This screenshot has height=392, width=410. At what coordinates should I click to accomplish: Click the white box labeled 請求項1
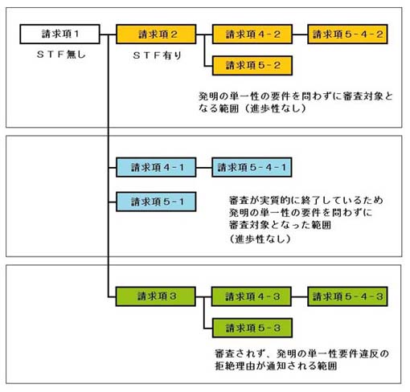[x=59, y=34]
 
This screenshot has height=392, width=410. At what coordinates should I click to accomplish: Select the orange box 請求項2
[x=156, y=34]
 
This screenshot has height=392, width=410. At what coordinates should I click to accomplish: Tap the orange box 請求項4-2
[x=252, y=34]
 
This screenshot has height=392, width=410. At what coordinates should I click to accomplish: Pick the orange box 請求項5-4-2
[x=347, y=34]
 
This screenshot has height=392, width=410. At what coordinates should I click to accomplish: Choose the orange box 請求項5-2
[x=252, y=66]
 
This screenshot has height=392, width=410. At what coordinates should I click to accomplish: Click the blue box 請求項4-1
[x=156, y=167]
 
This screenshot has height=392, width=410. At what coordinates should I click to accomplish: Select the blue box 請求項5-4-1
[x=252, y=167]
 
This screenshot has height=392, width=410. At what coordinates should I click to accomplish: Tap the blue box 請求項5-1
[x=156, y=202]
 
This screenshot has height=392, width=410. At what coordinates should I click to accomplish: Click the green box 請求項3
[x=155, y=296]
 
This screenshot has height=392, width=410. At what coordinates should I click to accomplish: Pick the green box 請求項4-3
[x=252, y=296]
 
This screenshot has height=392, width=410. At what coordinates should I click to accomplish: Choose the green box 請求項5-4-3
[x=347, y=296]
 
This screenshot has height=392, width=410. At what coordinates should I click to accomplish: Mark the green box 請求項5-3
[x=252, y=328]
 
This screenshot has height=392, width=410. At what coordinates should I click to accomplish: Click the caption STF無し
[x=61, y=55]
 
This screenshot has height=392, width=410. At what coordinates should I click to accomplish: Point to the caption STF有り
[x=158, y=55]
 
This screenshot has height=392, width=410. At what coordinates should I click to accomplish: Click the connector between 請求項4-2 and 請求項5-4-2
[x=300, y=35]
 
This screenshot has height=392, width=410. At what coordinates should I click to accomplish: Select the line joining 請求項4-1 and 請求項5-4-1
[x=204, y=168]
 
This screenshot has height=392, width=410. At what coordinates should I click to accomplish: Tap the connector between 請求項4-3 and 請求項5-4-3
[x=300, y=296]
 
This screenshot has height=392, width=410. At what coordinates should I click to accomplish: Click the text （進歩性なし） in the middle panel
[x=260, y=239]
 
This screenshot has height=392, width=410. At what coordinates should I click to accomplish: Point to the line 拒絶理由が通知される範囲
[x=276, y=365]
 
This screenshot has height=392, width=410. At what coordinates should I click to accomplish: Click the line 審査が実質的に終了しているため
[x=306, y=200]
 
